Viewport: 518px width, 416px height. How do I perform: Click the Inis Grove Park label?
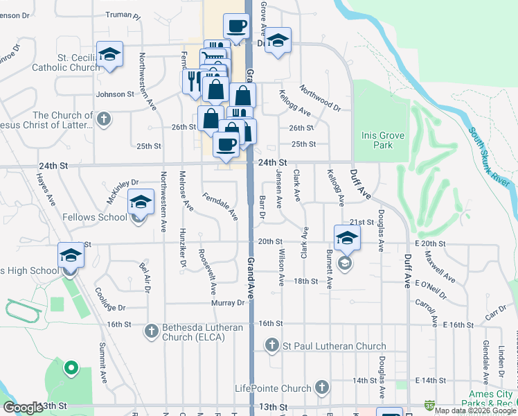point(377,140)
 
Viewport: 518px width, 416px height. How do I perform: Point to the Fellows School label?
point(102,217)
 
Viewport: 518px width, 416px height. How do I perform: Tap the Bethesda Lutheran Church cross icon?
point(152,332)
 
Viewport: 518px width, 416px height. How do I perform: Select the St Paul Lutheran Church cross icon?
point(272,346)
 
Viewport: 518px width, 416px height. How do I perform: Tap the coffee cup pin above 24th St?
point(226,144)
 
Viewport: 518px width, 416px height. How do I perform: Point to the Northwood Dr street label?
point(321,98)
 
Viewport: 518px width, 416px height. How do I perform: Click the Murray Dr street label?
point(229,303)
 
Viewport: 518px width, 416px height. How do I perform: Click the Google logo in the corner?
point(23,408)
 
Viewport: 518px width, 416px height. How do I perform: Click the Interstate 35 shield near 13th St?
point(430,404)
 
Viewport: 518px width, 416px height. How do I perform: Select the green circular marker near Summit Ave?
point(70,368)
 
